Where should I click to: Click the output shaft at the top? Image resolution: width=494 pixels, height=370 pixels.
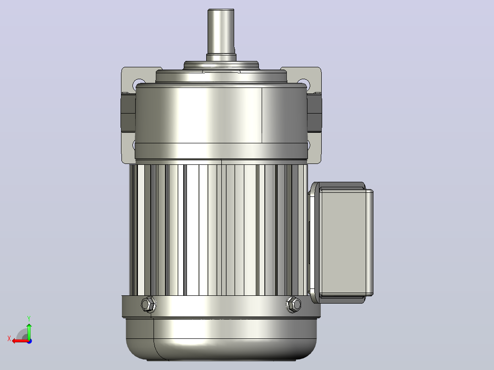(221, 32)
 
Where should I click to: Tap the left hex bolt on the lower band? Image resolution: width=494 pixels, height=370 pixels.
(148, 305)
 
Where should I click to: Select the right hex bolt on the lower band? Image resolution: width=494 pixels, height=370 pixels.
(293, 305)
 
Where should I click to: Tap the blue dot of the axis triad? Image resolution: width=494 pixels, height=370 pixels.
(29, 341)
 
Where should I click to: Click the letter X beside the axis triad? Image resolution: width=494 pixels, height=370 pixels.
(9, 338)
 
